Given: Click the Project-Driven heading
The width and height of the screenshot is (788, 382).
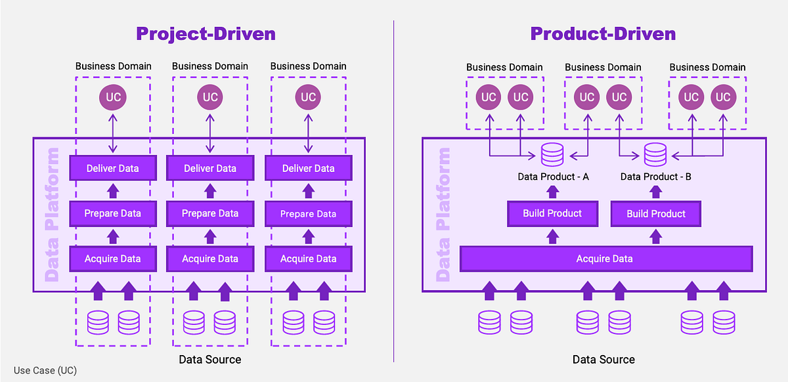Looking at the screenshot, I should [x=206, y=33].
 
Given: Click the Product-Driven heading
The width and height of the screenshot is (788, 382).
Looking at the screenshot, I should [x=603, y=33].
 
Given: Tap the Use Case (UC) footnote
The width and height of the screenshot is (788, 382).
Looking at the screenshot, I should [x=45, y=370].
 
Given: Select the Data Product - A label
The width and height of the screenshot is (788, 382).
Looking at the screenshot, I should [x=552, y=177].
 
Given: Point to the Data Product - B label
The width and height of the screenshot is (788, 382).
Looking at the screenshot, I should [x=655, y=177].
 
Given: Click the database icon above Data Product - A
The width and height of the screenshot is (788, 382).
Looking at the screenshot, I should [x=552, y=155].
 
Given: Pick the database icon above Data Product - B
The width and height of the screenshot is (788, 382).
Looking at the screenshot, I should [x=655, y=155].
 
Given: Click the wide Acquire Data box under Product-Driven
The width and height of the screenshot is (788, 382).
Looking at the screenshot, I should [x=605, y=259].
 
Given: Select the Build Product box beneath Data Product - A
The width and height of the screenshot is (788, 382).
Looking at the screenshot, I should [x=552, y=213].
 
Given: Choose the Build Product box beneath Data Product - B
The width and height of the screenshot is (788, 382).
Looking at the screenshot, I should [x=655, y=213].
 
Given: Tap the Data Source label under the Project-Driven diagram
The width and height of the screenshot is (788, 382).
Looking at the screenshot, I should [x=210, y=359].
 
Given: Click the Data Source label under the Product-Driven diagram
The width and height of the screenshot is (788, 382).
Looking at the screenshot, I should [x=603, y=359].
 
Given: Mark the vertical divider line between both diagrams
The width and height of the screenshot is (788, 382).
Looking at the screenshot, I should [x=394, y=190].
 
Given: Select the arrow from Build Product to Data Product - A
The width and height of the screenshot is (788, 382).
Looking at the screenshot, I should [x=552, y=192].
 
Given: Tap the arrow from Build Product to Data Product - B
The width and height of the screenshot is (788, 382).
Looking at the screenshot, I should [x=655, y=192].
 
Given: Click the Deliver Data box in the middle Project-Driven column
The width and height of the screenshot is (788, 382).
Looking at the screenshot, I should [x=210, y=168].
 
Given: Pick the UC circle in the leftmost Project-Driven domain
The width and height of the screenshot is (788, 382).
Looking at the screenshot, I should [x=112, y=98].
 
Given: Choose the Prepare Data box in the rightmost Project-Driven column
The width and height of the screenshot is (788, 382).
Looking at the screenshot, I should [x=308, y=213].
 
